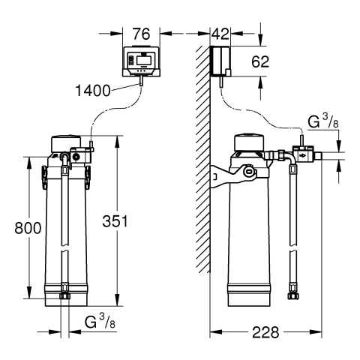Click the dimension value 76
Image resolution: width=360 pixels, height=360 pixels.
(x=141, y=34)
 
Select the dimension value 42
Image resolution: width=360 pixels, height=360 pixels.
(x=220, y=34)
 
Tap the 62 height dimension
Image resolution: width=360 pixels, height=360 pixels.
(x=260, y=61)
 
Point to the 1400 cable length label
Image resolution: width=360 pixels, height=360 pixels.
(x=93, y=91)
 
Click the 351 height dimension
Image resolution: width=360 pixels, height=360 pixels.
(x=115, y=221)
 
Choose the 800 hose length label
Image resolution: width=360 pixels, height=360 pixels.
(x=28, y=228)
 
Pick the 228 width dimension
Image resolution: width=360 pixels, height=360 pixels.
(x=265, y=332)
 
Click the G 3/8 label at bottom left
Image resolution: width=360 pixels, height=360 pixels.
(x=100, y=322)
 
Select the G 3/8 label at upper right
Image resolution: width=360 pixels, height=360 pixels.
(x=323, y=121)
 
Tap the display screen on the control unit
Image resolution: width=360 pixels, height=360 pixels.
(x=144, y=60)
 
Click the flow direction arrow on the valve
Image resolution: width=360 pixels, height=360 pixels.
(x=302, y=156)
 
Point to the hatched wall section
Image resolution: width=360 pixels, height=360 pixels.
(x=203, y=159)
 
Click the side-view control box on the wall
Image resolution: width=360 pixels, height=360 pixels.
(x=221, y=61)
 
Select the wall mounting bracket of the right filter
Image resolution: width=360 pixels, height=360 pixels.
(x=232, y=175)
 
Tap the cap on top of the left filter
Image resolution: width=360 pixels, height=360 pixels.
(x=66, y=144)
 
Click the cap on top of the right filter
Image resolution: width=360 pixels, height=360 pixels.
(x=249, y=143)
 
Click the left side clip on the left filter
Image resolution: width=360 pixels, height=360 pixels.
(x=44, y=178)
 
